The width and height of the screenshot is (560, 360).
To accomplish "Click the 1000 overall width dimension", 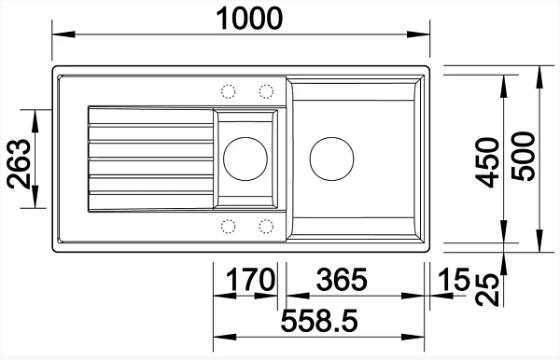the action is pos(249,19).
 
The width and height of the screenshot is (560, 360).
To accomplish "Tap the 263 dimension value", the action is pos(19,164).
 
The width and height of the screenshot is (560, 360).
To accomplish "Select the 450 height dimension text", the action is pos(488,162).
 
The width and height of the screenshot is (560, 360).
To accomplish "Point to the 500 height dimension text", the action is pos(524,157).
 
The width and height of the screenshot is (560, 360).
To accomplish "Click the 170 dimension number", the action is pos(251,280).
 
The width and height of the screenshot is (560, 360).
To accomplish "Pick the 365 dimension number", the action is pos(342,280).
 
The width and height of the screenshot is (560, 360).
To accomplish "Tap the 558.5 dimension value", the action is pos(319,321).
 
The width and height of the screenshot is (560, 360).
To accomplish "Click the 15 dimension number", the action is pos(454,280).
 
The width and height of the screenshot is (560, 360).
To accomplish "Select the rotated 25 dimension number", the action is pos(487,289).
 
